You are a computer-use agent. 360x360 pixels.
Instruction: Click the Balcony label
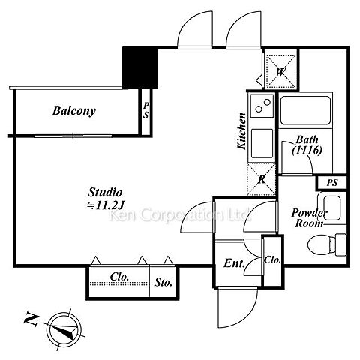(x=74, y=111)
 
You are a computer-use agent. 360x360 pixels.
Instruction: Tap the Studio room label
(x=105, y=193)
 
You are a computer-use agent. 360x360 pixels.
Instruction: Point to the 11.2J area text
(x=106, y=205)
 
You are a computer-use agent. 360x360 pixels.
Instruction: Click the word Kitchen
(x=241, y=131)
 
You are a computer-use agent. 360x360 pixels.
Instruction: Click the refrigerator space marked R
(x=262, y=179)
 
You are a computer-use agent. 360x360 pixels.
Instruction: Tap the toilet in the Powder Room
(x=327, y=244)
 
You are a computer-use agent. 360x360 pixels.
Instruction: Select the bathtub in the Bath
(x=305, y=110)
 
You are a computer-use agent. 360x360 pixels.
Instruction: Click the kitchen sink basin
(x=262, y=143)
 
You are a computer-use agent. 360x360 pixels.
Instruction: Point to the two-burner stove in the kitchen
(x=262, y=106)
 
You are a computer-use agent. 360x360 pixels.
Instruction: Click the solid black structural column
(x=140, y=67)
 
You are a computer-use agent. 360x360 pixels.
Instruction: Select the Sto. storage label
(x=163, y=283)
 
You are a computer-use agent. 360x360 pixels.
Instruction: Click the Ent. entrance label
(x=234, y=263)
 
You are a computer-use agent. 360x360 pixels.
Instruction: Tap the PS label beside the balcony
(x=146, y=110)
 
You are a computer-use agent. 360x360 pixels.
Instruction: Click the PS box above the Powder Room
(x=331, y=182)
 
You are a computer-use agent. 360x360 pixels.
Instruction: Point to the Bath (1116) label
(x=307, y=145)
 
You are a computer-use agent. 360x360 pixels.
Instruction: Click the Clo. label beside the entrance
(x=272, y=260)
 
